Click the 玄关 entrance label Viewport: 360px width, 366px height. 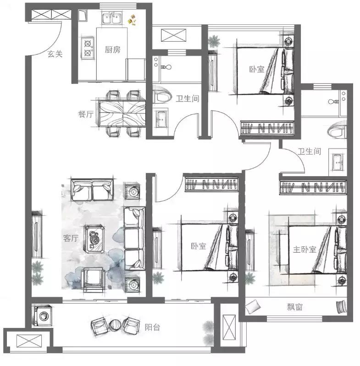click(x=55, y=54)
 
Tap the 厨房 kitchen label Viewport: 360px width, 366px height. click(x=112, y=50)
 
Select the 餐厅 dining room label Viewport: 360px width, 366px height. click(x=86, y=114)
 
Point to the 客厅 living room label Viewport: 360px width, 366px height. click(x=71, y=238)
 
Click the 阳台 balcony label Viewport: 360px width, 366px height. click(x=152, y=327)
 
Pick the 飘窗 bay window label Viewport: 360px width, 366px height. click(x=294, y=307)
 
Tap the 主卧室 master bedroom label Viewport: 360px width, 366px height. click(x=305, y=250)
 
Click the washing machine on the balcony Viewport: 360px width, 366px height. click(x=43, y=316)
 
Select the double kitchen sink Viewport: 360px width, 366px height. click(x=111, y=18)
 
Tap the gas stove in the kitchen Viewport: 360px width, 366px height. click(x=88, y=48)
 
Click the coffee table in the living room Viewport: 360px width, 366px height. click(x=94, y=239)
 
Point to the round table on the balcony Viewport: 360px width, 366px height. click(x=115, y=325)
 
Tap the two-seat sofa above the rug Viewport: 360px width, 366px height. click(x=92, y=190)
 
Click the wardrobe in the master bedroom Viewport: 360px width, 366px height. click(x=313, y=187)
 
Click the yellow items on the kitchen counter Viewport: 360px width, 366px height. click(x=132, y=20)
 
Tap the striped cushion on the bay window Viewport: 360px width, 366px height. click(x=341, y=306)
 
